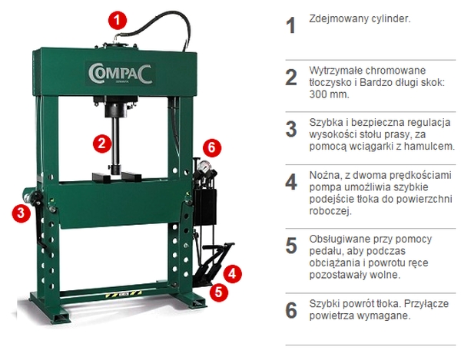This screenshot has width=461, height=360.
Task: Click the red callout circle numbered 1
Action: click(117, 20)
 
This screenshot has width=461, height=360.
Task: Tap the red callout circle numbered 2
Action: click(102, 144)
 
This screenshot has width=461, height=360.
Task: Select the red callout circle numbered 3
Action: click(22, 213)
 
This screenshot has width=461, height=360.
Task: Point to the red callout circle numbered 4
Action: click(233, 274)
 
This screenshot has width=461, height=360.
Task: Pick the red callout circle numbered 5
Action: click(218, 292)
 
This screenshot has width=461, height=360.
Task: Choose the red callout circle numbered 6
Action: click(212, 147)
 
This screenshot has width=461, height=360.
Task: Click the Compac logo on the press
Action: click(121, 74)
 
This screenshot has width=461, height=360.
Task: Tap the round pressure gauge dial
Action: click(204, 166)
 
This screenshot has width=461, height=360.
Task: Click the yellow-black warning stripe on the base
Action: click(123, 294)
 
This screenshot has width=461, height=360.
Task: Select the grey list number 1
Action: click(290, 25)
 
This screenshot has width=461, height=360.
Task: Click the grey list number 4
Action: click(291, 182)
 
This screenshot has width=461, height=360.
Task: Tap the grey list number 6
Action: click(291, 310)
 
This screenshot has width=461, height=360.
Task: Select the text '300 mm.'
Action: click(330, 94)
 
